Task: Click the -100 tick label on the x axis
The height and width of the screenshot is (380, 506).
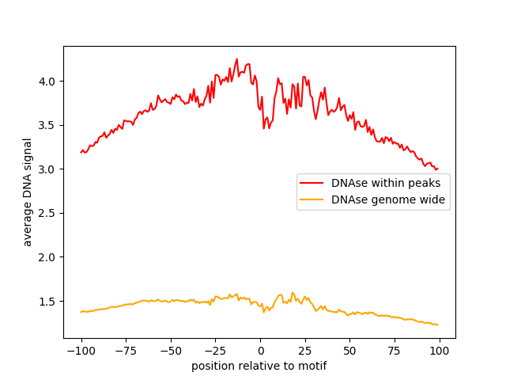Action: [81, 350]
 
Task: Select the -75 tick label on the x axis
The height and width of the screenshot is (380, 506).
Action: [126, 350]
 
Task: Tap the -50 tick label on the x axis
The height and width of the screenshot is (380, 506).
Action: [171, 350]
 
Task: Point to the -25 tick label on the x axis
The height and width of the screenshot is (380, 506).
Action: [215, 350]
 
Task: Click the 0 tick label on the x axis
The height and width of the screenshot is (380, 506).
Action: [260, 350]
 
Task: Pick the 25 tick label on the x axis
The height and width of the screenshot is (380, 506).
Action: [305, 350]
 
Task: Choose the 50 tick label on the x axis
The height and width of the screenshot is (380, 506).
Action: [350, 350]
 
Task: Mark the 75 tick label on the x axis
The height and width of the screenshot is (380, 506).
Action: [395, 350]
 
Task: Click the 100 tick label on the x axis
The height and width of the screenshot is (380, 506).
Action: [440, 350]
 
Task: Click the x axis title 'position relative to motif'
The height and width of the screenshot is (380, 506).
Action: [259, 366]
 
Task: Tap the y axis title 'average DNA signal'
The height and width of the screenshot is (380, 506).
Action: [28, 192]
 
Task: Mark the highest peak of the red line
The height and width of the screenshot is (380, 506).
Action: [236, 59]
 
